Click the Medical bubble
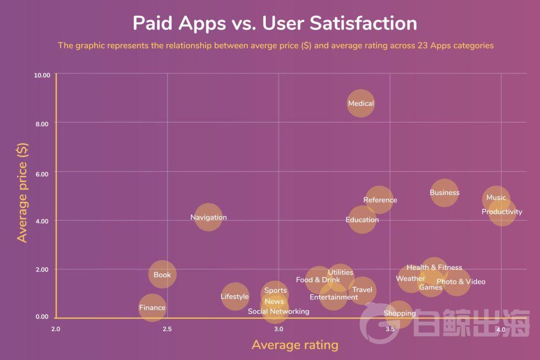pyautogui.click(x=361, y=104)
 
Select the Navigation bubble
pyautogui.click(x=208, y=217)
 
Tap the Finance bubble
pyautogui.click(x=152, y=308)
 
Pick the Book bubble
pyautogui.click(x=162, y=275)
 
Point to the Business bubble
pyautogui.click(x=445, y=193)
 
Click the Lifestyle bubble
pyautogui.click(x=235, y=297)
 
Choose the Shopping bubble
pyautogui.click(x=399, y=314)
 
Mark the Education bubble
pyautogui.click(x=362, y=220)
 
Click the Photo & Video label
pyautogui.click(x=461, y=282)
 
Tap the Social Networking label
pyautogui.click(x=278, y=312)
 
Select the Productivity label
pyautogui.click(x=502, y=212)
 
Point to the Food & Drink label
pyautogui.click(x=318, y=280)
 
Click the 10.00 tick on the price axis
pyautogui.click(x=41, y=75)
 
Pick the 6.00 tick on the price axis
pyautogui.click(x=42, y=172)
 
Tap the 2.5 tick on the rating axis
pyautogui.click(x=167, y=329)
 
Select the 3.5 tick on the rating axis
pyautogui.click(x=390, y=329)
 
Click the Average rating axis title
pyautogui.click(x=295, y=345)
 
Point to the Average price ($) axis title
pyautogui.click(x=22, y=193)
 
